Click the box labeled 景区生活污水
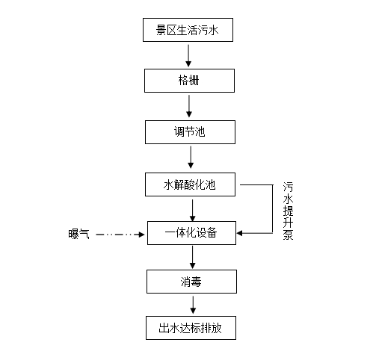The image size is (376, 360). click(188, 30)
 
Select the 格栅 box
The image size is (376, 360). click(189, 81)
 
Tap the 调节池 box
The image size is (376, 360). click(190, 132)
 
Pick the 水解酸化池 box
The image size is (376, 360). click(190, 184)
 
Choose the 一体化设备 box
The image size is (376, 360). click(191, 233)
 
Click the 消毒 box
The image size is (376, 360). click(191, 282)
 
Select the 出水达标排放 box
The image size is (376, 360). click(191, 328)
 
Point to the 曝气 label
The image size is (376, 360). click(78, 234)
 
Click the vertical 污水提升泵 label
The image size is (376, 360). click(288, 211)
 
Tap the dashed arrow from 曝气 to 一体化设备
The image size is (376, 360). click(120, 235)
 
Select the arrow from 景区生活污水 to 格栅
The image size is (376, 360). click(188, 55)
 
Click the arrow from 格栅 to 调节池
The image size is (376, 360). click(189, 106)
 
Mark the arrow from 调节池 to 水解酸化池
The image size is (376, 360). click(191, 157)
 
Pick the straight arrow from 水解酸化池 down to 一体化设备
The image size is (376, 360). click(192, 211)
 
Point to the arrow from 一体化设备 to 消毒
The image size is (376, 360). click(192, 257)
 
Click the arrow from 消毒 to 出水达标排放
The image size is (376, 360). click(193, 305)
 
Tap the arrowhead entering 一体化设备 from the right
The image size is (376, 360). click(239, 233)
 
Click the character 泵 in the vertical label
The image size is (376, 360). click(288, 235)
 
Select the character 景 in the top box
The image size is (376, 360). click(161, 30)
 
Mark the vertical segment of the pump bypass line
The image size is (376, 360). click(273, 209)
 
